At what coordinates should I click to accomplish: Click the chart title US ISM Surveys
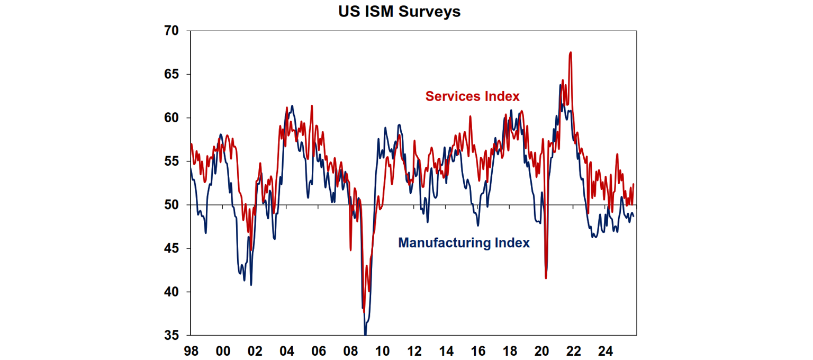[400, 12]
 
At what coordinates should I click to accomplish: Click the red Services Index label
[472, 96]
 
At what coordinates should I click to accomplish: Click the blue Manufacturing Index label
[464, 243]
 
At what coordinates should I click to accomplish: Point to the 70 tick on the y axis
[171, 31]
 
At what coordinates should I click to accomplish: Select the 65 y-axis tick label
[171, 75]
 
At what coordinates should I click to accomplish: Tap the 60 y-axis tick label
[171, 118]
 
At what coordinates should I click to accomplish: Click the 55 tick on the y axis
[171, 161]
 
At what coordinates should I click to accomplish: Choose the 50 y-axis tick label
[171, 205]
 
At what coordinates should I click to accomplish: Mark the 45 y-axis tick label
[171, 248]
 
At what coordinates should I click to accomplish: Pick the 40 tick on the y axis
[171, 292]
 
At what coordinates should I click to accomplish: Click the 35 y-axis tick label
[171, 335]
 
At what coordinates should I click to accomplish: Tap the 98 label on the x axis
[191, 350]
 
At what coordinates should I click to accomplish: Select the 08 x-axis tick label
[350, 350]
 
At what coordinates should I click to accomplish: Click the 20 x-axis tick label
[541, 350]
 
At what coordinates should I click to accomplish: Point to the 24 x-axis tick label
[606, 350]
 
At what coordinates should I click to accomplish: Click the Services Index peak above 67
[570, 52]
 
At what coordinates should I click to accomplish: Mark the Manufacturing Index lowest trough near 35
[365, 334]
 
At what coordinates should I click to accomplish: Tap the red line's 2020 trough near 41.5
[546, 278]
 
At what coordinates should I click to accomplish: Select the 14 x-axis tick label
[446, 350]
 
